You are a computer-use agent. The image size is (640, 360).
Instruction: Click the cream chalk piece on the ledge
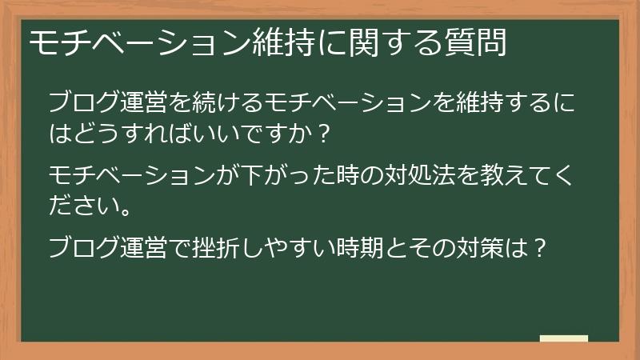point(563,338)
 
